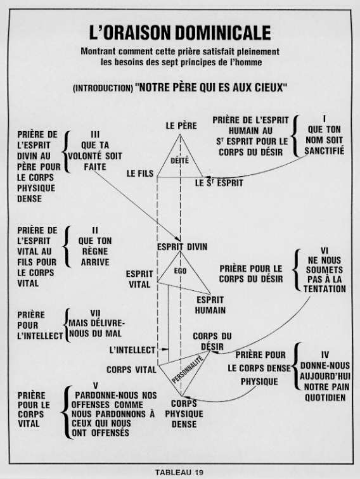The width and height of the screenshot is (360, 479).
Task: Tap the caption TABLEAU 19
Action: (179, 472)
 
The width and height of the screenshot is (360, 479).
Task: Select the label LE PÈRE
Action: (181, 125)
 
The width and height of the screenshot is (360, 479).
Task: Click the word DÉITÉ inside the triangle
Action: (180, 161)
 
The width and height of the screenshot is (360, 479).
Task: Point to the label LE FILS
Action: (140, 174)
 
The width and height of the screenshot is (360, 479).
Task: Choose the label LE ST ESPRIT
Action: (219, 183)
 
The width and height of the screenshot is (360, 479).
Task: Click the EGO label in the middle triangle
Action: (180, 271)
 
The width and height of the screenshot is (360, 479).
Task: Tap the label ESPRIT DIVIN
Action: (182, 247)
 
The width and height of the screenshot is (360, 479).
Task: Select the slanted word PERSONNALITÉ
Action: (188, 369)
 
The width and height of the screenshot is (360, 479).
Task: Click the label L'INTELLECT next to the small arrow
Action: (132, 350)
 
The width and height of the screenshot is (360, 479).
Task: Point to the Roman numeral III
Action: (95, 135)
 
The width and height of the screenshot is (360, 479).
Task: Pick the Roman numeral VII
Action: (95, 314)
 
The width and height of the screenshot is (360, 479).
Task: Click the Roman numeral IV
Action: (325, 355)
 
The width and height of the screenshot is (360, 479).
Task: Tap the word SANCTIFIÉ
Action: (325, 151)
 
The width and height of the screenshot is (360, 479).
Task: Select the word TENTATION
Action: (325, 289)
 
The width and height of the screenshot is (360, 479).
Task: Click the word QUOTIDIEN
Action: (325, 397)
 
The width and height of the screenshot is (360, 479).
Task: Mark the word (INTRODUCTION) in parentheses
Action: (103, 88)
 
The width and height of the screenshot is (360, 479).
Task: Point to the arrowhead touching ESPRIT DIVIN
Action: (177, 239)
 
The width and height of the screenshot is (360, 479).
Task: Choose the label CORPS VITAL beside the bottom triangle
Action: (131, 369)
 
